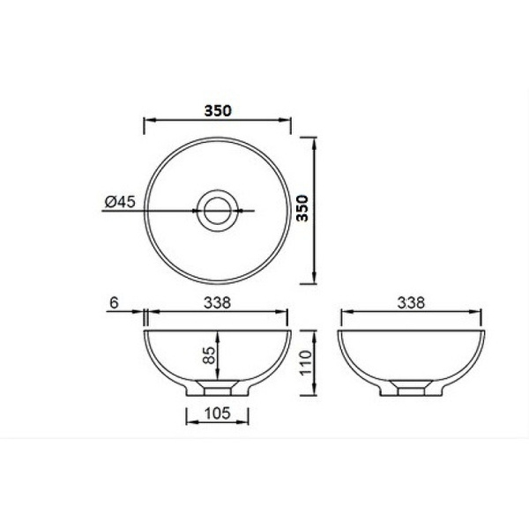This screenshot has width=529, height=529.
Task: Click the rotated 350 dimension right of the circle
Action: click(302, 208)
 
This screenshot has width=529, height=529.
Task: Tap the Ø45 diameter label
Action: click(120, 202)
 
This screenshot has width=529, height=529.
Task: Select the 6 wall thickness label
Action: click(115, 302)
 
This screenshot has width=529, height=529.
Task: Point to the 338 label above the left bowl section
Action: click(217, 302)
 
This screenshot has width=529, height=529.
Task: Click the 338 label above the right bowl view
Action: click(411, 302)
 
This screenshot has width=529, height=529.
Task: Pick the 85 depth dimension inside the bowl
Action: click(209, 355)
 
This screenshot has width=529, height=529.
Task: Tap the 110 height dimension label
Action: click(306, 362)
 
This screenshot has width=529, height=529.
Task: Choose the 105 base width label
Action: click(217, 413)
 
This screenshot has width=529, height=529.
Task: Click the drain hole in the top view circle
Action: click(218, 211)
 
